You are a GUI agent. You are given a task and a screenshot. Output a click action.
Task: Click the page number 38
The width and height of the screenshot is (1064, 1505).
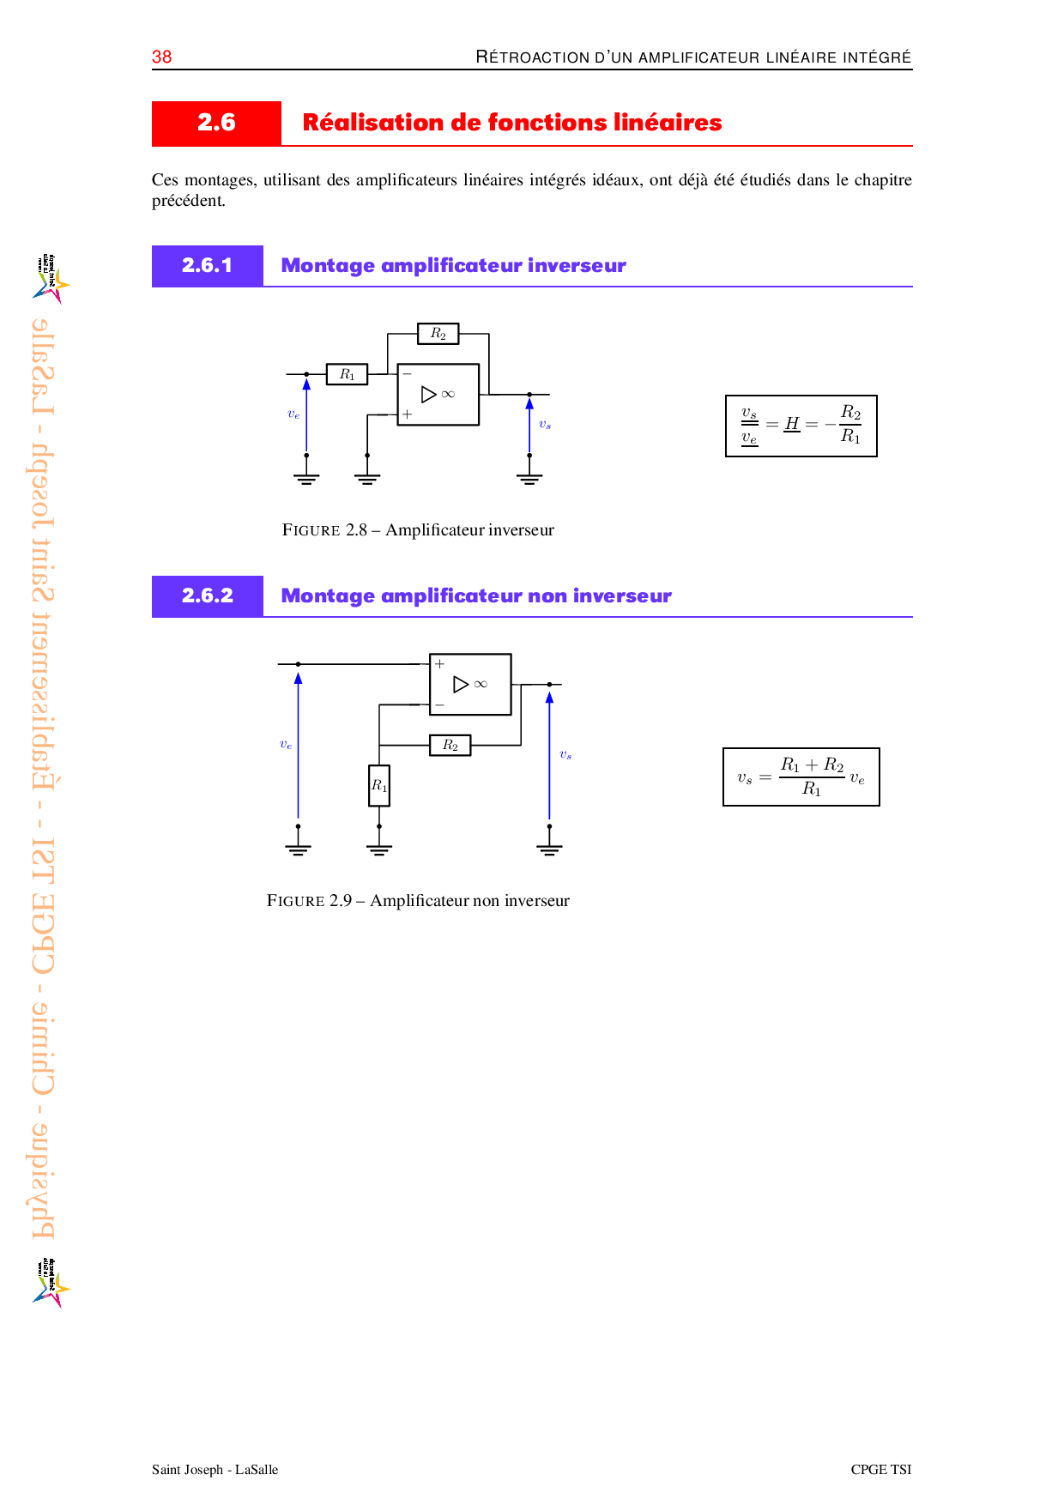click(161, 57)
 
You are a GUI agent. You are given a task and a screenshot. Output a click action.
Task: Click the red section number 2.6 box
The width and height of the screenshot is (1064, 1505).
click(216, 123)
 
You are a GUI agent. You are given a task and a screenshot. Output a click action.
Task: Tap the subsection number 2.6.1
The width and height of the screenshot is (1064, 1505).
click(208, 265)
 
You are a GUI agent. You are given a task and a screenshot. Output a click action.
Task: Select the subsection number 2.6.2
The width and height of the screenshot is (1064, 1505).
click(208, 595)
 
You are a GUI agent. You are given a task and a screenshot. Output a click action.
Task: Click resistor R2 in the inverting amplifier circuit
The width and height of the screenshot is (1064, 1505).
click(438, 333)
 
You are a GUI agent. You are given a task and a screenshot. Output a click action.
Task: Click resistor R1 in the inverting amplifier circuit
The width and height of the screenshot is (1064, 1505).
click(347, 374)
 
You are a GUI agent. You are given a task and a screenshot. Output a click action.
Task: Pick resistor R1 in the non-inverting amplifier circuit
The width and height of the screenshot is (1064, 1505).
click(379, 785)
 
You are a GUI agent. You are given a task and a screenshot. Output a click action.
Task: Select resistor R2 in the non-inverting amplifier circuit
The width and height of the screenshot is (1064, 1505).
click(450, 745)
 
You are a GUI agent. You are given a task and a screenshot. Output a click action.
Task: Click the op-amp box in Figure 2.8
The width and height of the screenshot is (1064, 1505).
click(438, 395)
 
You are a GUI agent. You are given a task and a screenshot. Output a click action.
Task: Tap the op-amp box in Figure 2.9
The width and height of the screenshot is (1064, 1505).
click(470, 684)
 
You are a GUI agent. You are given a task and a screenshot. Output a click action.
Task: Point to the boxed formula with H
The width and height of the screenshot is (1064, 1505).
click(801, 426)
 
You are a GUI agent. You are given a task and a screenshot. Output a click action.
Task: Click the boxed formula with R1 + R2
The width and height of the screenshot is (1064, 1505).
click(801, 777)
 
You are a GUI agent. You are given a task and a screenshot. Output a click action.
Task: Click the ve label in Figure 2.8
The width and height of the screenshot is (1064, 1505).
click(293, 414)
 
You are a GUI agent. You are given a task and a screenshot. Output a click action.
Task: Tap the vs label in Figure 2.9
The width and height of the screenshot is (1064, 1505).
click(565, 755)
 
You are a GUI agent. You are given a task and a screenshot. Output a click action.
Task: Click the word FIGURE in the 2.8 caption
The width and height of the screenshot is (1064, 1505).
click(311, 530)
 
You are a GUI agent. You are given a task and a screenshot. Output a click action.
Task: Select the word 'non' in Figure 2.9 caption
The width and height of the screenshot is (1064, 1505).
click(487, 901)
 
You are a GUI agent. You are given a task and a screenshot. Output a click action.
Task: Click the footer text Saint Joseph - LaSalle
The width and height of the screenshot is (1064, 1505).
click(215, 1469)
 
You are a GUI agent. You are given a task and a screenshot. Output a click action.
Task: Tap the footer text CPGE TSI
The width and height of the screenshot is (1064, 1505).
click(881, 1469)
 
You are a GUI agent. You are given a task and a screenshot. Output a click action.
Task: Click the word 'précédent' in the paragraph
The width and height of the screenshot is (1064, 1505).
click(189, 201)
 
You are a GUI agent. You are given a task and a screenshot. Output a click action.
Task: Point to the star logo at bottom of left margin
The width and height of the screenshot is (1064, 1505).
click(51, 1283)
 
